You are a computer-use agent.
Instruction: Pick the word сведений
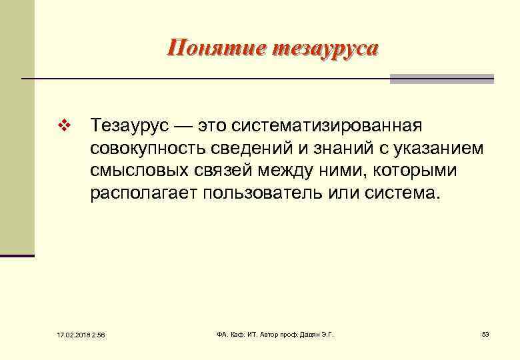[243, 148]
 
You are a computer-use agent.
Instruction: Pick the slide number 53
[485, 334]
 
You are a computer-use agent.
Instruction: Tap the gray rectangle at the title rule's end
[441, 79]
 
